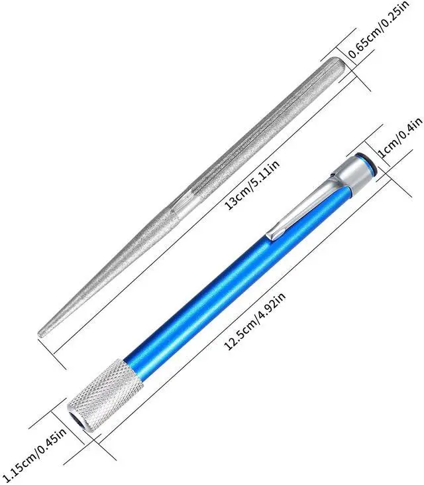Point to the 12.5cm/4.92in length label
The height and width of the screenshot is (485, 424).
click(x=255, y=322)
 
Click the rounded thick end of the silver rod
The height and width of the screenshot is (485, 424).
click(x=341, y=64)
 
